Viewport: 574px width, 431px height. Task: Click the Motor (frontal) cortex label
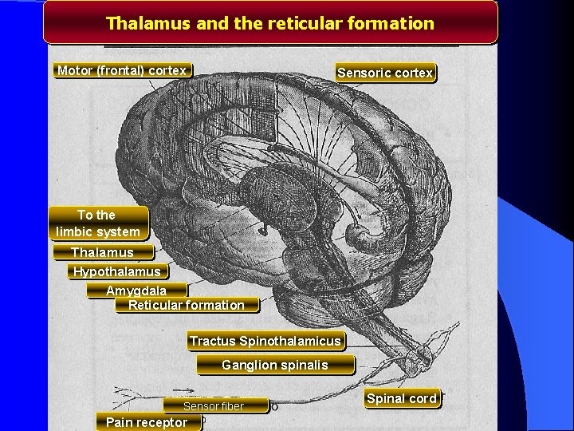(x=122, y=70)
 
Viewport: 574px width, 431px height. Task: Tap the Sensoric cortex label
(x=386, y=73)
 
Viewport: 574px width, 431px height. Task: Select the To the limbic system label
(x=98, y=223)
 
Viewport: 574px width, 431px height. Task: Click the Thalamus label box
(x=102, y=252)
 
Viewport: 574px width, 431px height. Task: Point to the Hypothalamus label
(x=117, y=271)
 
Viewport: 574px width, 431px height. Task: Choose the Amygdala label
(x=136, y=290)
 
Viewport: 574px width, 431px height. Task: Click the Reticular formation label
(x=187, y=305)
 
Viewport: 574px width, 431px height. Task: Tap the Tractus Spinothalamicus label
(x=265, y=342)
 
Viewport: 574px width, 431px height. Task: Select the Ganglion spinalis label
(x=275, y=366)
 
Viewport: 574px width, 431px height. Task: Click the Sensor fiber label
(x=214, y=406)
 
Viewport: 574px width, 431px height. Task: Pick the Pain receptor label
(x=147, y=422)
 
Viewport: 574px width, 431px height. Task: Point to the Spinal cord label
(x=401, y=398)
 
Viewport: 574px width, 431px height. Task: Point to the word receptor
(x=163, y=422)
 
